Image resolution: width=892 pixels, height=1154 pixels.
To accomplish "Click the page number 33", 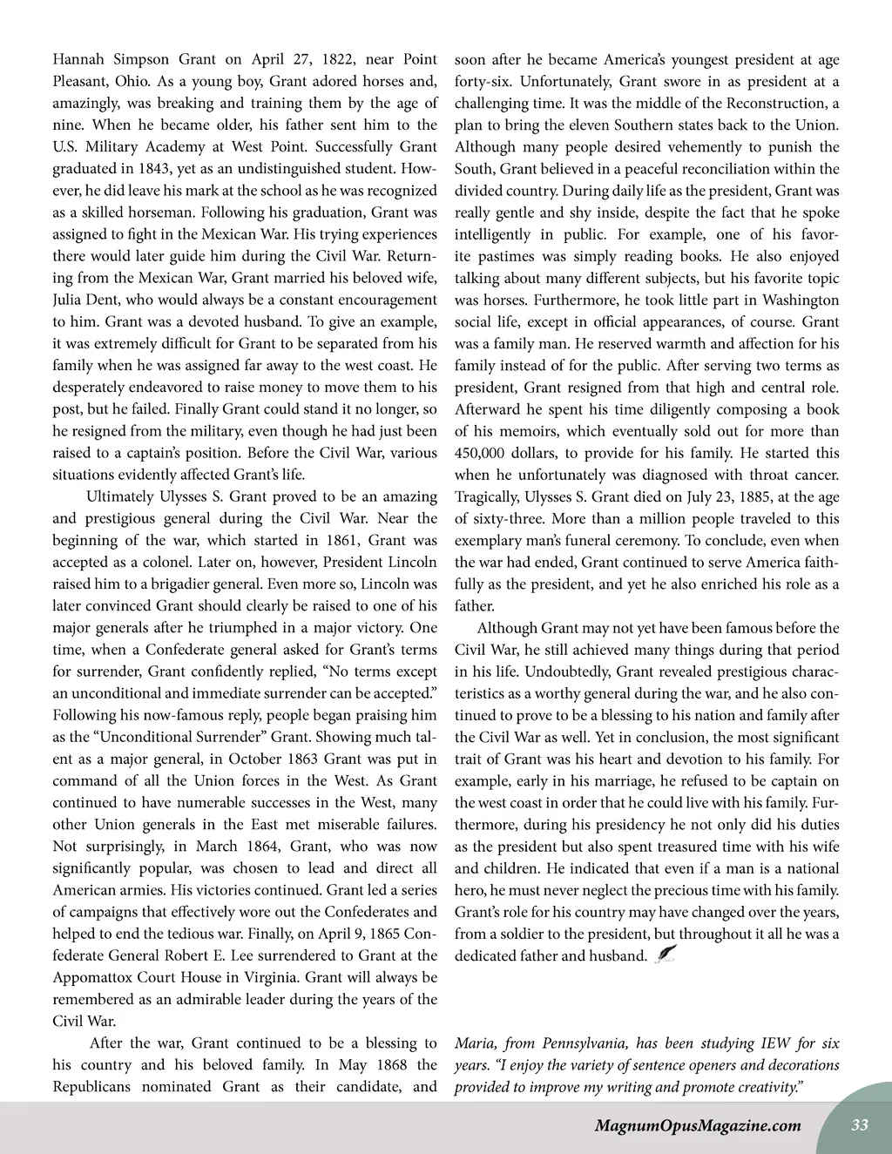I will [860, 1124].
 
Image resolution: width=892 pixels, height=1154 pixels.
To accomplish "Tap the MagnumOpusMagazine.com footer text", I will [697, 1125].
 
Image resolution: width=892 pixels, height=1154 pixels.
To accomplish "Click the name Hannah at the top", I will [77, 60].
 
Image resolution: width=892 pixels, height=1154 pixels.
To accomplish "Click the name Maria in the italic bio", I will [474, 1043].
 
